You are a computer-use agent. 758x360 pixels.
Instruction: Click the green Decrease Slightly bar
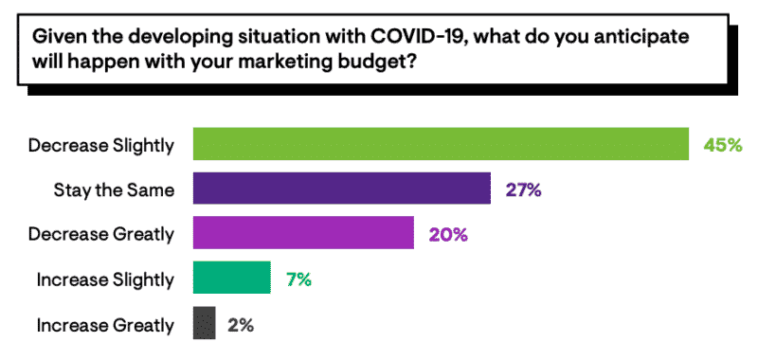coord(441,144)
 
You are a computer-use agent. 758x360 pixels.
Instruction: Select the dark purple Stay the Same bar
coord(342,189)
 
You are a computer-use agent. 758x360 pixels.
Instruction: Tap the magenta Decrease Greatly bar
coord(303,233)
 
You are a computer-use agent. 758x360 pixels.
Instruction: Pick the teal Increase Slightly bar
coord(232,279)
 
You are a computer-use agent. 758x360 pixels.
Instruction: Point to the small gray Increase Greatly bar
coord(205,324)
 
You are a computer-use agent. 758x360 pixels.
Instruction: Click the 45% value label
coord(722,145)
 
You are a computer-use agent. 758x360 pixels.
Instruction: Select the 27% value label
coord(522,189)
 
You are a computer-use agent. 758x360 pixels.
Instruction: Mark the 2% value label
coord(241,324)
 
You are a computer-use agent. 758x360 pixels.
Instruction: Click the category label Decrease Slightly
coord(101,145)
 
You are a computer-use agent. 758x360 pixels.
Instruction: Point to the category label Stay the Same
coord(114,189)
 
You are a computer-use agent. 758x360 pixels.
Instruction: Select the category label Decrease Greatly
coord(102,234)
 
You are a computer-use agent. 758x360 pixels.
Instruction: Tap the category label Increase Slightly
coord(105,279)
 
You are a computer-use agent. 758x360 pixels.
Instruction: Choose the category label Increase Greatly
coord(105,325)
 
